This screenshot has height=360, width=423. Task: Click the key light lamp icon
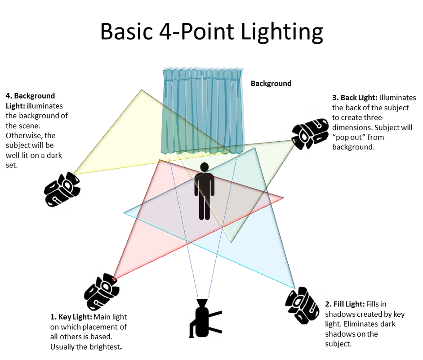(x=102, y=292)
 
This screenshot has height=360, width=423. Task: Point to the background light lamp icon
(x=62, y=189)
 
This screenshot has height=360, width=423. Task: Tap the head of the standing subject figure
(x=205, y=167)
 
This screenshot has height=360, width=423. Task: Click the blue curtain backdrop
(x=203, y=111)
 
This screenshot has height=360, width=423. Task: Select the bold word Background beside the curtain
(x=271, y=83)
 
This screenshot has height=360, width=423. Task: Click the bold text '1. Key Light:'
(x=71, y=317)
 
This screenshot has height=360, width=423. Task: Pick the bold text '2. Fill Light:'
(x=345, y=304)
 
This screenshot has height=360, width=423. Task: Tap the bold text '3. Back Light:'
(x=355, y=98)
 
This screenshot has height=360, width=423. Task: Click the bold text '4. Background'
(x=30, y=96)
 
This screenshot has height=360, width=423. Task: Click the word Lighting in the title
(x=282, y=32)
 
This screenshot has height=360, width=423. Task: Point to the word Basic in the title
(x=126, y=31)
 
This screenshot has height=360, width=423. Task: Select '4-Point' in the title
(x=196, y=31)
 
